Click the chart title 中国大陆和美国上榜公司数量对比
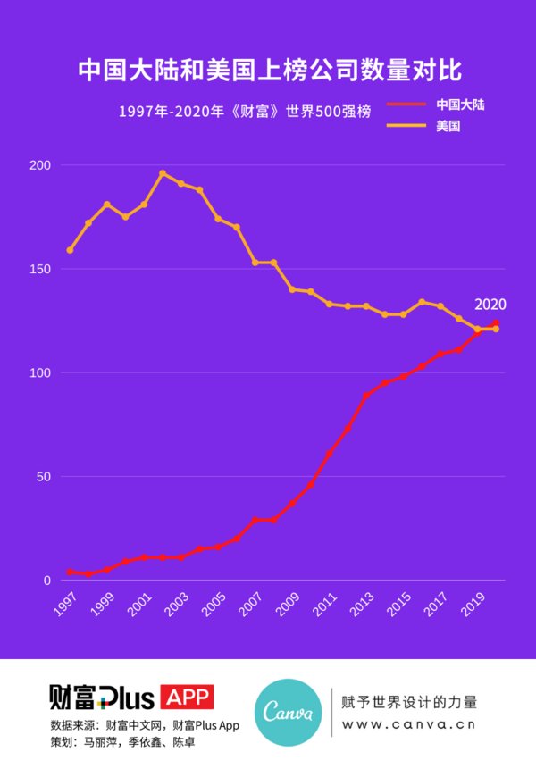268,69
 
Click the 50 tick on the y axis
42,477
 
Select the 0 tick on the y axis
46,581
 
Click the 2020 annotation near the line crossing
490,305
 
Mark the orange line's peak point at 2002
163,173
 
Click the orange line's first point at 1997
70,250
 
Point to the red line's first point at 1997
70,572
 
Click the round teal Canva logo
288,713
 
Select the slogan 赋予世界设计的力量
409,702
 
